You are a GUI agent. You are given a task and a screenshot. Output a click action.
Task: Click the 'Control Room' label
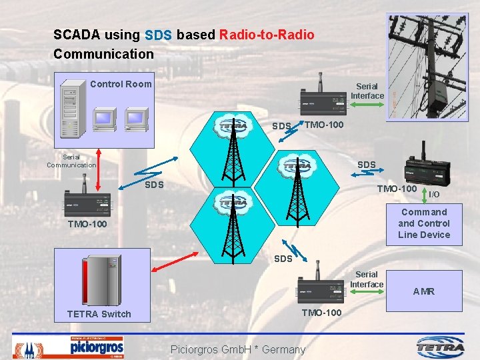(x=121, y=84)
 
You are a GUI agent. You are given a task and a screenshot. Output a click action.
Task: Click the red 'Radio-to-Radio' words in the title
(x=266, y=35)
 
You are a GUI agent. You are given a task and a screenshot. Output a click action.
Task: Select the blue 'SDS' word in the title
(x=158, y=35)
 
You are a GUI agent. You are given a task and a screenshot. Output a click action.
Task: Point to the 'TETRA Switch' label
(x=99, y=314)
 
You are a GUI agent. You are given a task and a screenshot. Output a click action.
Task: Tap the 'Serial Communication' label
(x=71, y=161)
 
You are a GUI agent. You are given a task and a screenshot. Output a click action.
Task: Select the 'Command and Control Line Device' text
(x=424, y=223)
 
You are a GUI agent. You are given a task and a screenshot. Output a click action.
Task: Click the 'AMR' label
(x=423, y=291)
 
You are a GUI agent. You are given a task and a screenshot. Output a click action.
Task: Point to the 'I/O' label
(x=434, y=195)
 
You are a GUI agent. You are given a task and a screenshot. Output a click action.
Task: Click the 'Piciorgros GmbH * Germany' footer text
(x=238, y=349)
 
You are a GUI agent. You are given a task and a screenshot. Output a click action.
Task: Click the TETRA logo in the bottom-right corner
(x=441, y=346)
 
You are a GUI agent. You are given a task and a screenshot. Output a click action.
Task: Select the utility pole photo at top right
(x=423, y=67)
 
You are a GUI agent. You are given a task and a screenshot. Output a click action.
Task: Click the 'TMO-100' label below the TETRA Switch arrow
(x=322, y=313)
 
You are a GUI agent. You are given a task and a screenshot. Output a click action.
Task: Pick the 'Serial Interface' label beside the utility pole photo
(x=367, y=91)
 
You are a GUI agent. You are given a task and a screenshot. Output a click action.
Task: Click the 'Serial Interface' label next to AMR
(x=367, y=279)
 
